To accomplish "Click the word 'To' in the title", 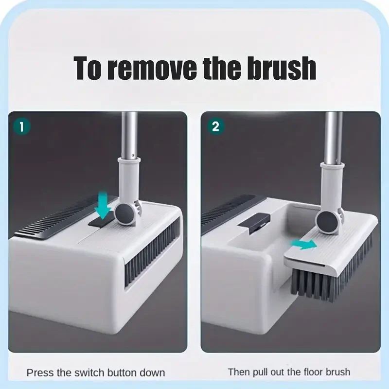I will click(x=89, y=69).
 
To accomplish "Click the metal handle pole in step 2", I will click(x=333, y=136).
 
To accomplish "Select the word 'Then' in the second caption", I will click(x=239, y=372).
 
